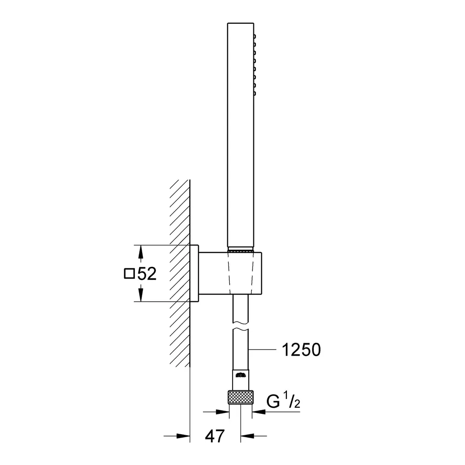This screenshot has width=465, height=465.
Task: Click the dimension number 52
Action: (x=147, y=273)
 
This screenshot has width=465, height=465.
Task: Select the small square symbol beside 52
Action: (x=129, y=273)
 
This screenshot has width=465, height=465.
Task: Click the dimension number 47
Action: (x=215, y=436)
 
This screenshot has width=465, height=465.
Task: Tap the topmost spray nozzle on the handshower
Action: (x=255, y=36)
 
